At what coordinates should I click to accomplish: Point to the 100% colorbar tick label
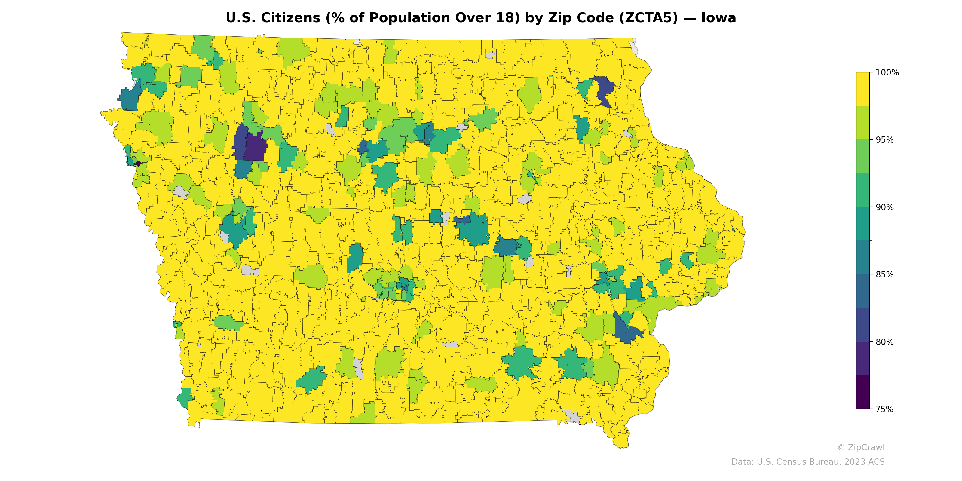[x=887, y=73]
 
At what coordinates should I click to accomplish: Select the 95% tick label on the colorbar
[x=885, y=140]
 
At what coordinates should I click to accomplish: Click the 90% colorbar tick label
[x=885, y=207]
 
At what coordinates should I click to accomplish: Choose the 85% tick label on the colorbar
[x=885, y=274]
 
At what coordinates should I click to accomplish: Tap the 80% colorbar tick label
[x=885, y=342]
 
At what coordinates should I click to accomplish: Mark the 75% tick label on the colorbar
[x=885, y=409]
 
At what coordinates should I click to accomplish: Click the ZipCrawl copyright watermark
[x=861, y=447]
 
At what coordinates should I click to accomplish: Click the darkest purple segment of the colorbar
[x=863, y=392]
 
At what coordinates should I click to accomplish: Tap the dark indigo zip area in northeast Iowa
[x=604, y=90]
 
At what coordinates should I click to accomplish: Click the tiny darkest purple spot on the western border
[x=138, y=163]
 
